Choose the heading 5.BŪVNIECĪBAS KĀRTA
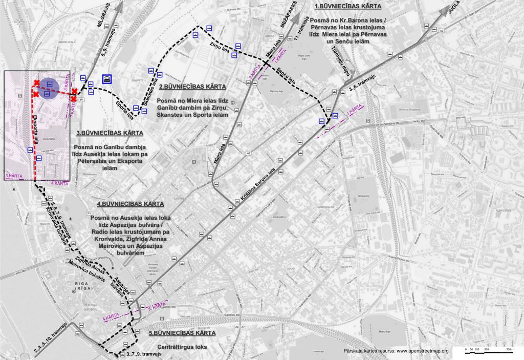tap(182, 333)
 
